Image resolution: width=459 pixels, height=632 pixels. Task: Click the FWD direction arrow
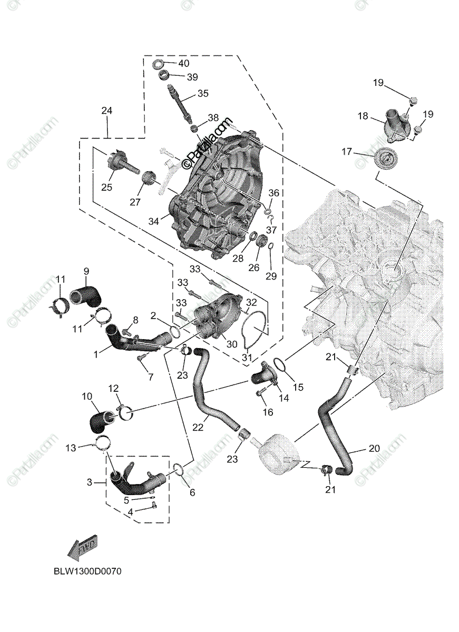tap(83, 549)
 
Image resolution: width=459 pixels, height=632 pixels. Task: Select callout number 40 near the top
tap(183, 64)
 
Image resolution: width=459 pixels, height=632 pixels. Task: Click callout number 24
tap(107, 111)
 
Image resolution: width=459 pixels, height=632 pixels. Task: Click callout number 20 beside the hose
tap(374, 449)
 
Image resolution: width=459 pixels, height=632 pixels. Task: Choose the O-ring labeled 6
tap(178, 468)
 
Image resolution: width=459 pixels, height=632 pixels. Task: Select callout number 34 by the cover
tap(153, 221)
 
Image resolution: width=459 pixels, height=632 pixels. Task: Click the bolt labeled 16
tap(262, 393)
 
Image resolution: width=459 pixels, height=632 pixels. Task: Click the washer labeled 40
tap(158, 64)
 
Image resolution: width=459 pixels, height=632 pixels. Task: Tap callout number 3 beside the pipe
tap(89, 482)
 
